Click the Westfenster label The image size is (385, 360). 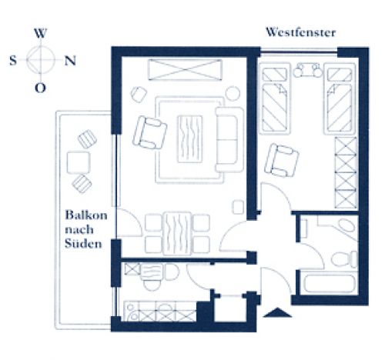tap(300, 32)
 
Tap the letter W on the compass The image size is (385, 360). tap(41, 33)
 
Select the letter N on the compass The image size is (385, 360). tap(70, 61)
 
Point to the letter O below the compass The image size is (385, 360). tap(40, 88)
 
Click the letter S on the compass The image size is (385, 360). tap(13, 61)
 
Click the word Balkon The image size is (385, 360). tap(86, 215)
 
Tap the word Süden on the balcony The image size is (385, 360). tap(83, 243)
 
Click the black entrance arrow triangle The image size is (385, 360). tap(277, 312)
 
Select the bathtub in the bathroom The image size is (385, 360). tap(330, 283)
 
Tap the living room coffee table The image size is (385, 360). tap(190, 139)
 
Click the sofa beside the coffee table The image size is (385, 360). tap(229, 140)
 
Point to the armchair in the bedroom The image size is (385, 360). tap(282, 161)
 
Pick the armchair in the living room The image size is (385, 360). tap(149, 133)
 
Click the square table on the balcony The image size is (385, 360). tap(79, 162)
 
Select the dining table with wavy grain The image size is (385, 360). tap(177, 234)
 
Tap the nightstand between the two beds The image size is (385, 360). tap(307, 70)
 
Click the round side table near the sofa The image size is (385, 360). tap(233, 94)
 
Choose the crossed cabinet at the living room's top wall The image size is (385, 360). tap(185, 70)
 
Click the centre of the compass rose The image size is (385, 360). tap(41, 60)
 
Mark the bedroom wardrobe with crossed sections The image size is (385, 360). tap(346, 172)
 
